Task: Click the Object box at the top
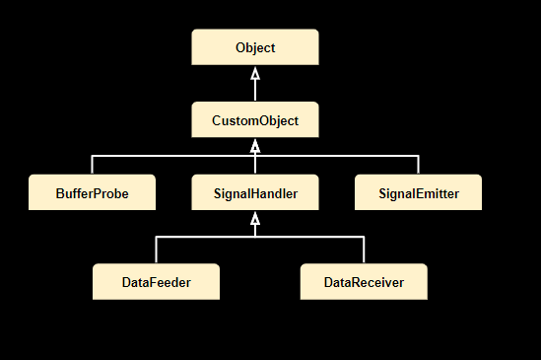tap(254, 47)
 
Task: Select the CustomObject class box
tap(254, 121)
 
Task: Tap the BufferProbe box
tap(93, 192)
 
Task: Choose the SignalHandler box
tap(254, 192)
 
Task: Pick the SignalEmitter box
tap(418, 192)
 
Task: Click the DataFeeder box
tap(156, 282)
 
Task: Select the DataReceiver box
tap(363, 282)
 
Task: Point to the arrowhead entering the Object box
tap(254, 73)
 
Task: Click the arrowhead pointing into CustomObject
tap(254, 146)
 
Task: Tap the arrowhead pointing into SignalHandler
tap(254, 219)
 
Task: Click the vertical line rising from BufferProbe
tap(93, 165)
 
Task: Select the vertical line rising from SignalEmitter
tap(418, 165)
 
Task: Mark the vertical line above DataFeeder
tap(156, 250)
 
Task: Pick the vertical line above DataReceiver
tap(363, 250)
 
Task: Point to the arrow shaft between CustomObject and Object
tap(254, 91)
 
